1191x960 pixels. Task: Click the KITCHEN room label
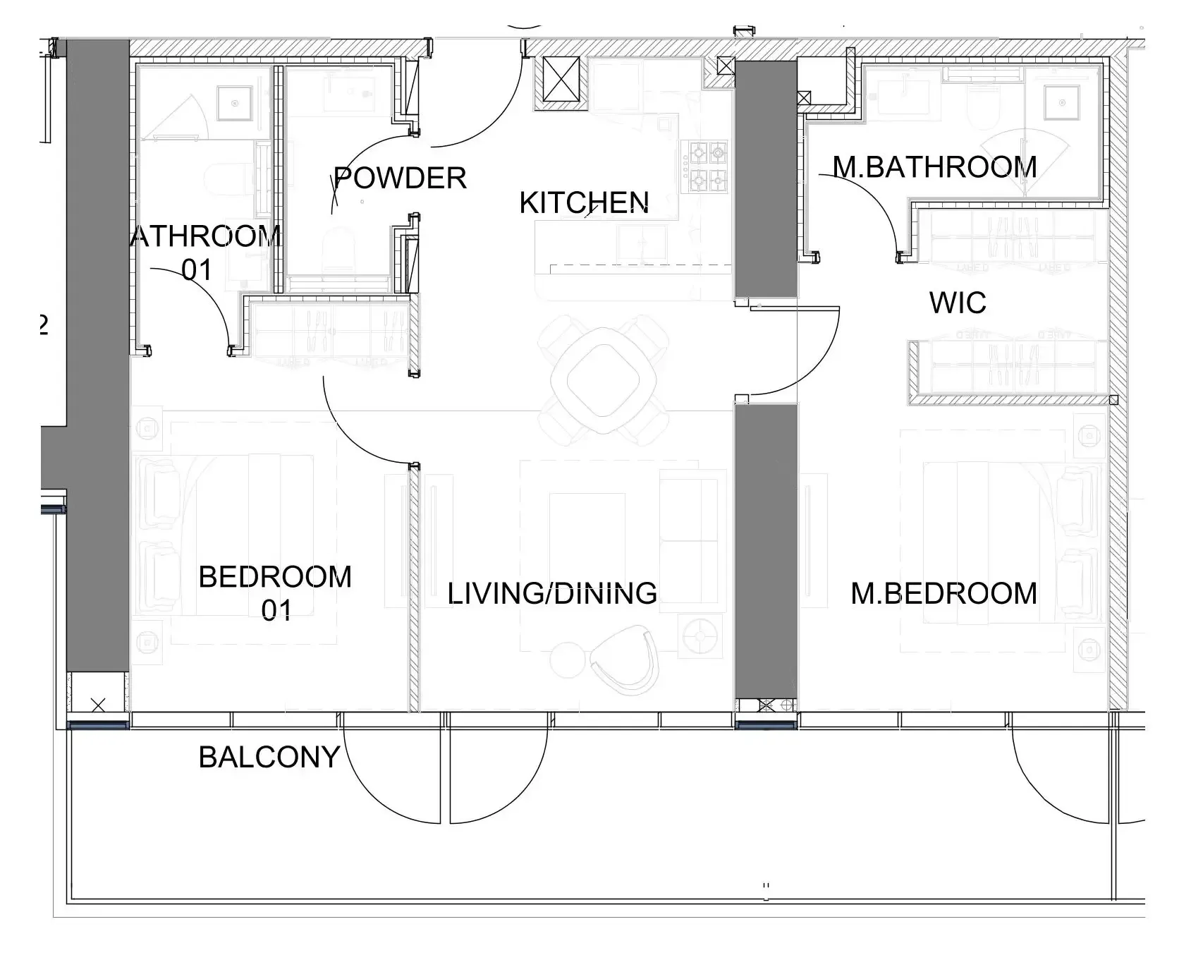click(584, 203)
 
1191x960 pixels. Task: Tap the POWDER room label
click(400, 178)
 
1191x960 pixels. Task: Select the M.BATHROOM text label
click(934, 167)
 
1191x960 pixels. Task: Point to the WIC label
click(957, 303)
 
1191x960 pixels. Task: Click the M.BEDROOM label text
click(943, 593)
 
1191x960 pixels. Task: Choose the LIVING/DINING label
click(552, 593)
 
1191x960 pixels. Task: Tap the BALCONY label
click(269, 757)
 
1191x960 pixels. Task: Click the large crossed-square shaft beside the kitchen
click(561, 83)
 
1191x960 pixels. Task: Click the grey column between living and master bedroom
click(766, 550)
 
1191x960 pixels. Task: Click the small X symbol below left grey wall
click(98, 704)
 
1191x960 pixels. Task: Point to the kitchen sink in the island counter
click(642, 243)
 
